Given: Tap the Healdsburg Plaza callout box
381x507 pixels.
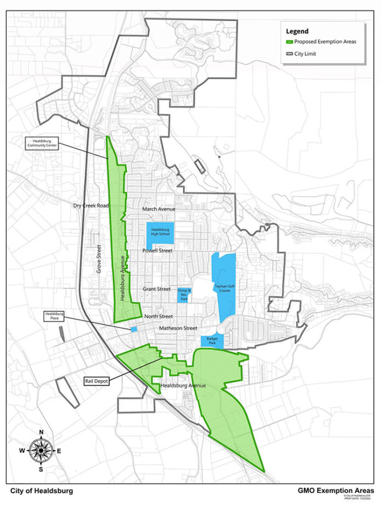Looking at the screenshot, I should pos(54,317).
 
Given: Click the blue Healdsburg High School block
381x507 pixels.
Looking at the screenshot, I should pos(160,233).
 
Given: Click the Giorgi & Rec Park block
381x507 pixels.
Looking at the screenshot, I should pos(182,294).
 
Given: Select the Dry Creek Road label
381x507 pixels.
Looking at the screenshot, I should pos(91,206).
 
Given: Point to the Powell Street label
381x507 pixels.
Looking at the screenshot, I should pos(157,251).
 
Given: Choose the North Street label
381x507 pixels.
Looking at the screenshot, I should pos(158,316).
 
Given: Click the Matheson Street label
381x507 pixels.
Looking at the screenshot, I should pos(177,328).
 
